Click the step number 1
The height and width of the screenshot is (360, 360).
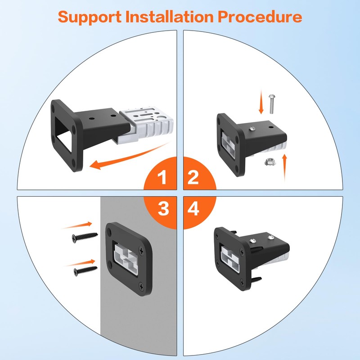tap(163, 179)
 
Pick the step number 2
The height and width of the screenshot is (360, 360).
tap(193, 179)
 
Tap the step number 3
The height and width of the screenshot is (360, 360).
tap(163, 208)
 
